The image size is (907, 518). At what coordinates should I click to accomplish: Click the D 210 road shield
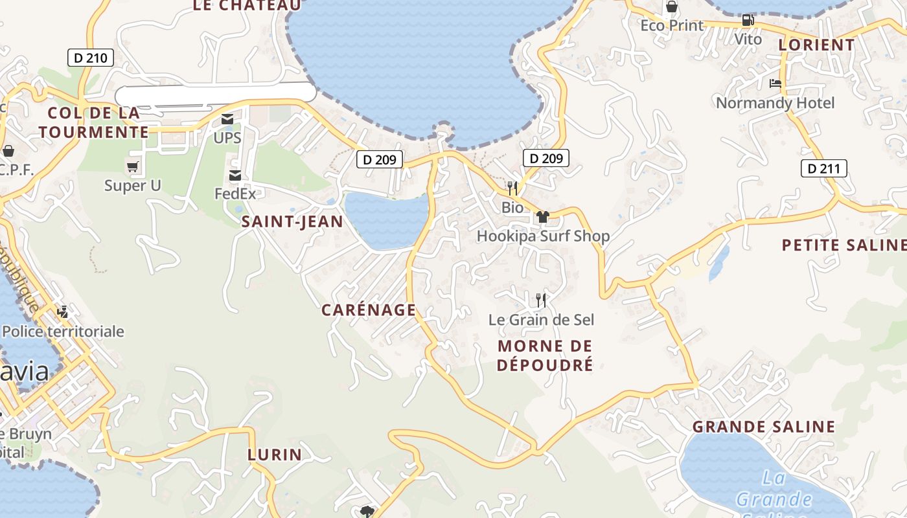[91, 58]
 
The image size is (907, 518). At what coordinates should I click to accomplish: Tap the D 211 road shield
[824, 169]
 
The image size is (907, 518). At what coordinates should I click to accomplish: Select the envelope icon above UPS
[227, 119]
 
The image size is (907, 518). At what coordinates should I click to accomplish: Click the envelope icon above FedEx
[235, 175]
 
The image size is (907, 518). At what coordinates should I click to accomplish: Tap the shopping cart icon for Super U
[133, 168]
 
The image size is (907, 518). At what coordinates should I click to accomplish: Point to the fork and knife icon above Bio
[512, 188]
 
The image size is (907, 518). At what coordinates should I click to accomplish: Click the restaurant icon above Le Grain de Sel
[541, 300]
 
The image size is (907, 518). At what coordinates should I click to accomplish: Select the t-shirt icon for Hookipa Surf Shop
[543, 217]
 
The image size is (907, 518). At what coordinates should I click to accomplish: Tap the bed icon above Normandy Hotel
[775, 84]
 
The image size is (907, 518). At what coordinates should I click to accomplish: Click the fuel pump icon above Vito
[748, 20]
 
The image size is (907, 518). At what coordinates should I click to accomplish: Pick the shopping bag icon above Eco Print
[672, 7]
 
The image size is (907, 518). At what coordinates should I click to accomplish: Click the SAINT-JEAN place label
[292, 221]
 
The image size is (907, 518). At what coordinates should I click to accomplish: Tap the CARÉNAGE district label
[369, 310]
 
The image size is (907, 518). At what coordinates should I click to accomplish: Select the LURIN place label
[275, 455]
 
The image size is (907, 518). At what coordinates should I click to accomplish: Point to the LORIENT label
[816, 45]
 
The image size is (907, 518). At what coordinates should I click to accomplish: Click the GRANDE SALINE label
[764, 427]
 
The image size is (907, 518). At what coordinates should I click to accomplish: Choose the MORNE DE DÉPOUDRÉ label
[545, 355]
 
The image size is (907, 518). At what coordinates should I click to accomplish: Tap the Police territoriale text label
[63, 332]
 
